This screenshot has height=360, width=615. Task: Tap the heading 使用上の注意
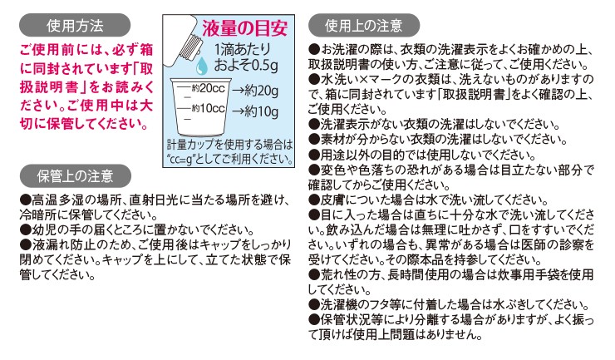click(362, 24)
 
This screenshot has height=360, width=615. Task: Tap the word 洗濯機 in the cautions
click(342, 304)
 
